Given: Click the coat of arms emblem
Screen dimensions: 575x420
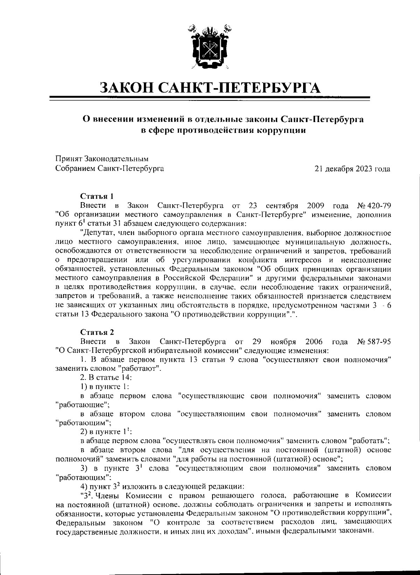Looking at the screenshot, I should click(x=210, y=47).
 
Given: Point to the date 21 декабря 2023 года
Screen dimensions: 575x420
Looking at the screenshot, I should click(x=352, y=169).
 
